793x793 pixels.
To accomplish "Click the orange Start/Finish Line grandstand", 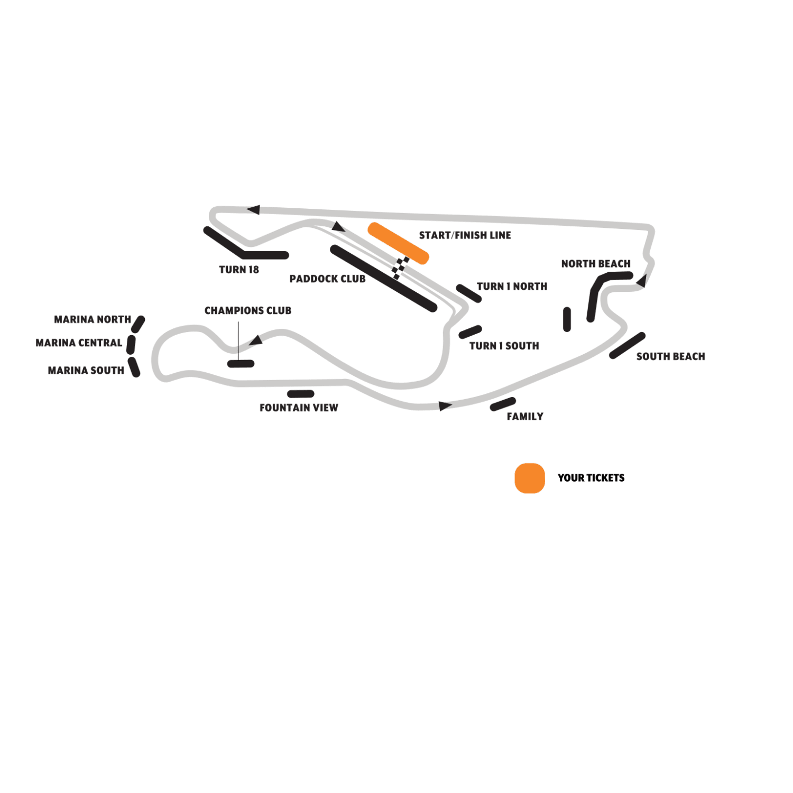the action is tap(398, 243).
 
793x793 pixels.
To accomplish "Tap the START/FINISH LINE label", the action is tap(465, 235).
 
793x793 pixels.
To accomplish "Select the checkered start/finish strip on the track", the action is tap(400, 268).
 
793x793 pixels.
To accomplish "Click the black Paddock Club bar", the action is tap(383, 279).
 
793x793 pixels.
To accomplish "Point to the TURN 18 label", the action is tap(239, 270).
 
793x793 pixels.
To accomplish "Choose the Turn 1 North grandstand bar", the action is tap(469, 293).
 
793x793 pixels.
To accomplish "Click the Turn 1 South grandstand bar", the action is tap(470, 332).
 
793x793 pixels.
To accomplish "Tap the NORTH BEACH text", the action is tap(596, 264).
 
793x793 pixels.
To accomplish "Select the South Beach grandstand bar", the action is tap(627, 346).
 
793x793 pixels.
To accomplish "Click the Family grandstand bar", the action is tap(503, 404).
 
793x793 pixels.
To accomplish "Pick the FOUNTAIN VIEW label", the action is tap(299, 408).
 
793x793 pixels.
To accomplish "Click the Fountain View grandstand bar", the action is tap(301, 394).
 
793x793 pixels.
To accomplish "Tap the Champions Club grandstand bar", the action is tap(241, 364).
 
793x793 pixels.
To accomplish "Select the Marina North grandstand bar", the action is tap(139, 324).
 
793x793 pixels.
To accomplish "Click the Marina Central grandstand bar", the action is tap(131, 345).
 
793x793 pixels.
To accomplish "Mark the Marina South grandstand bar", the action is tap(134, 367).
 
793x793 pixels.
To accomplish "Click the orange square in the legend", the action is tap(530, 478).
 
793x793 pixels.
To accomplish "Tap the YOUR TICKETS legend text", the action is tap(591, 478).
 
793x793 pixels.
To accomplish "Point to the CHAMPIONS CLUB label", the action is tap(248, 311).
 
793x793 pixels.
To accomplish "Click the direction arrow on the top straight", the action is tap(253, 210).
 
